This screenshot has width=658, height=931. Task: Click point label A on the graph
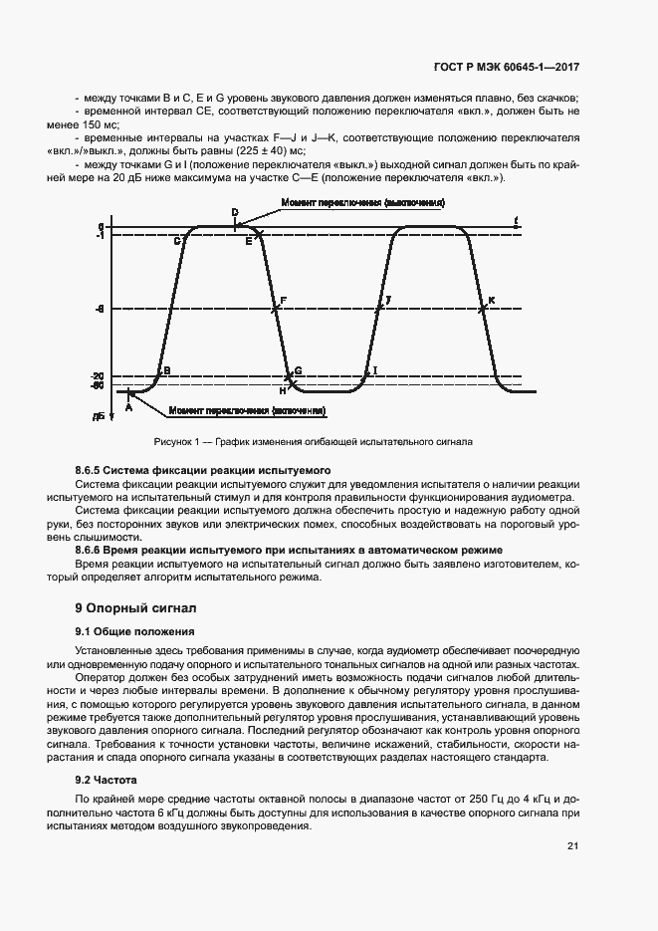pos(128,404)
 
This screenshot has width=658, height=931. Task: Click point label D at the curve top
pos(235,212)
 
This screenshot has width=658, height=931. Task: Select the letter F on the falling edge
pos(284,300)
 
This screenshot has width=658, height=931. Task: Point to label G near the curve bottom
pos(298,370)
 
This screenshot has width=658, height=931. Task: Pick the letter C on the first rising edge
pos(177,241)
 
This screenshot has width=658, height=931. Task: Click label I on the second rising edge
pos(375,370)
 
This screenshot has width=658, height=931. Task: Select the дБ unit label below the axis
pos(99,415)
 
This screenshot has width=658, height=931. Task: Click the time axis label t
pos(516,219)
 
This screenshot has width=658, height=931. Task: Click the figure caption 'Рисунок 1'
pos(177,440)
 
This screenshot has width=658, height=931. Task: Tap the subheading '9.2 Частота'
pos(106,780)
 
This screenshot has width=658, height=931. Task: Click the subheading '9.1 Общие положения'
pos(134,631)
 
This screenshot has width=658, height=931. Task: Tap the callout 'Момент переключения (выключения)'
pos(362,202)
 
